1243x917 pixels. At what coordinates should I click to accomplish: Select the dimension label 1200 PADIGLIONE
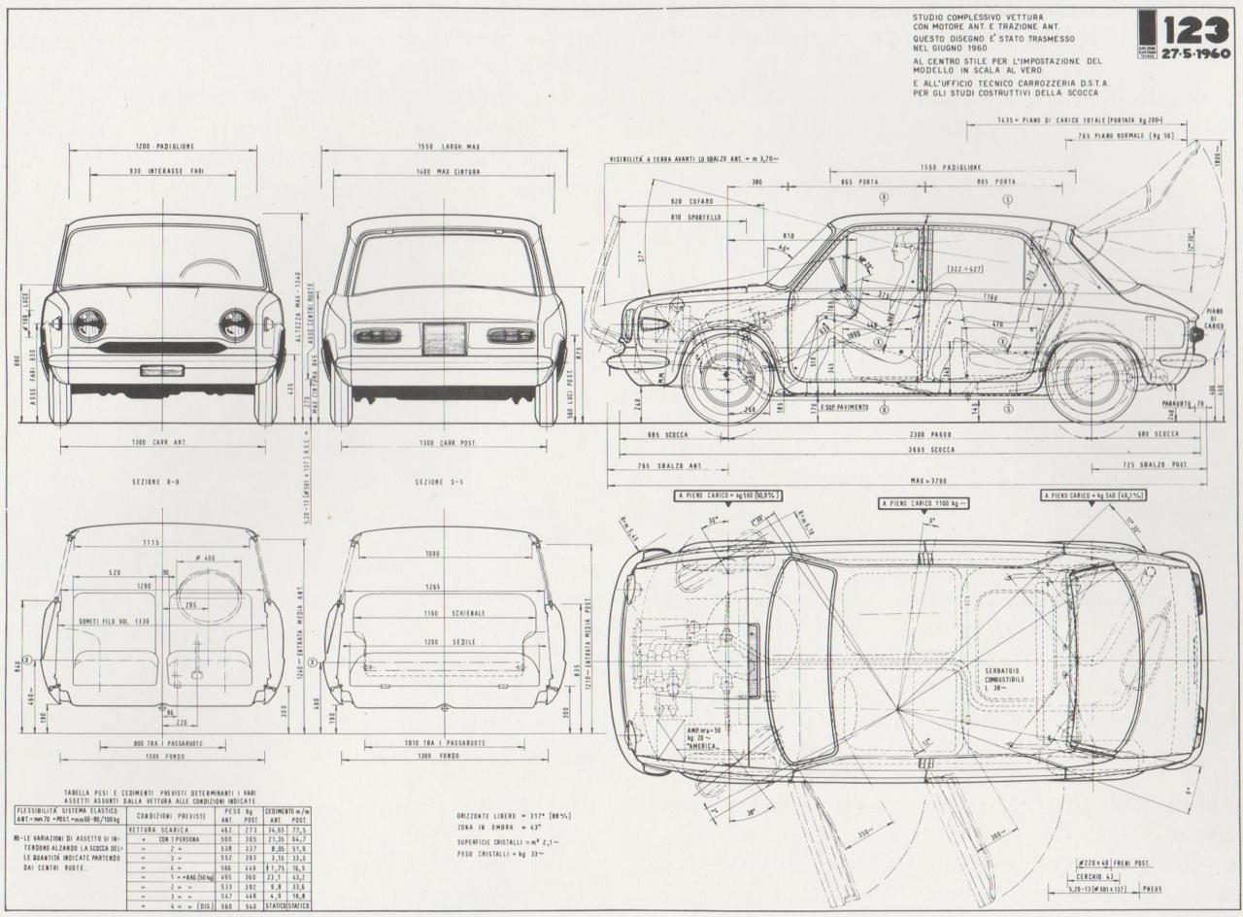coord(165,146)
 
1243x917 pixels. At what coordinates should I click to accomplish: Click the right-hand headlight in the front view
coord(235,324)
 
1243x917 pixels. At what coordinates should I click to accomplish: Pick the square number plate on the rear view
coord(444,337)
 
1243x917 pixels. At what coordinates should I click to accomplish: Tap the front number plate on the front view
coord(161,370)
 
